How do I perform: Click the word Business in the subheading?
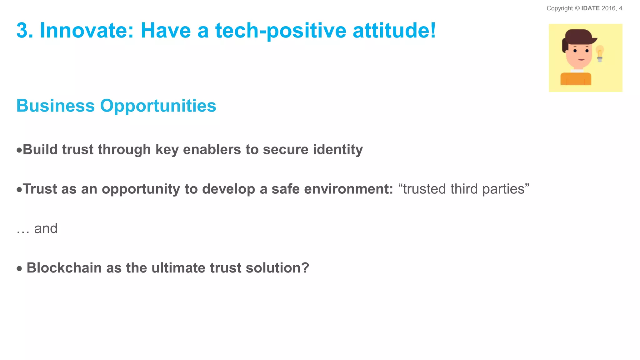tap(55, 106)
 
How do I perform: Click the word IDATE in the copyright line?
tap(590, 8)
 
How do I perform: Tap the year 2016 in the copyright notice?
tap(608, 8)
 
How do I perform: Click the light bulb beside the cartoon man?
tap(600, 53)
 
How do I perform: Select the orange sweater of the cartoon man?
tap(576, 79)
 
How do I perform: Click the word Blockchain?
tap(64, 268)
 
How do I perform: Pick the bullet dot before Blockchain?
tap(19, 268)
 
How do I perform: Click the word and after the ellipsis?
tap(46, 228)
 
